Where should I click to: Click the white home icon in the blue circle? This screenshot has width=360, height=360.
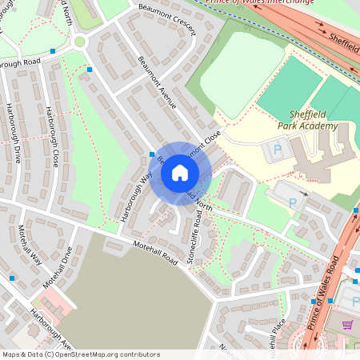pos(180,173)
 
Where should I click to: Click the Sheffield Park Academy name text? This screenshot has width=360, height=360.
pos(308,120)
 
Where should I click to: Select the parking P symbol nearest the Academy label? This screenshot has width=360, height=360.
pos(278,149)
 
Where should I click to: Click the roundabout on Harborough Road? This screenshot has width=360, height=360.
pos(79,42)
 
